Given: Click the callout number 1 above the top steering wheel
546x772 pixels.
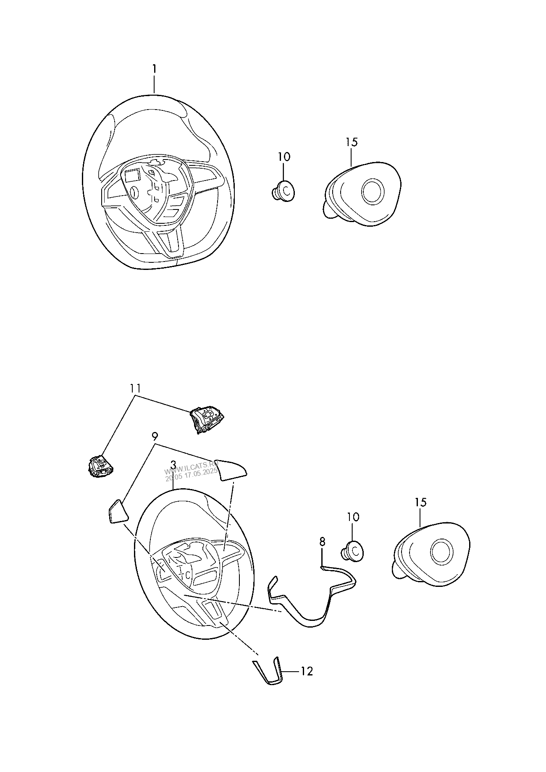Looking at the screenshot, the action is [154, 68].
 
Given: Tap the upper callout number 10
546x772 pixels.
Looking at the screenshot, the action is [284, 157].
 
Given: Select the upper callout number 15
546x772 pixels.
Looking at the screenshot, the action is [352, 142].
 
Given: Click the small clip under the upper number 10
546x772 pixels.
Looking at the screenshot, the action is [282, 191].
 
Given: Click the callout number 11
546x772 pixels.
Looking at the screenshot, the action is [135, 388].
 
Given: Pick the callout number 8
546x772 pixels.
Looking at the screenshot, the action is [322, 541].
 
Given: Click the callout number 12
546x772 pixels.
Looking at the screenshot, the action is [307, 672].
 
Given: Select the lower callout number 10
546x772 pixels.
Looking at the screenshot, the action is [353, 517].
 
